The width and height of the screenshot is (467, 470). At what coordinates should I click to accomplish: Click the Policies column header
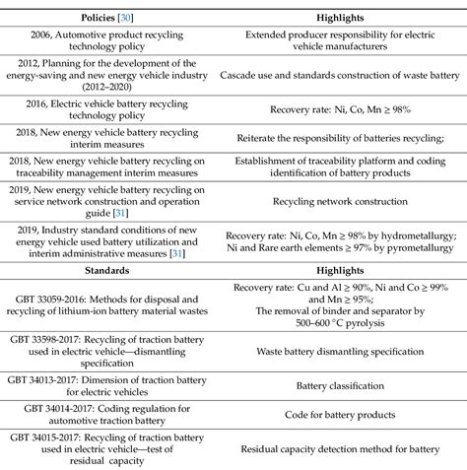click(103, 16)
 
